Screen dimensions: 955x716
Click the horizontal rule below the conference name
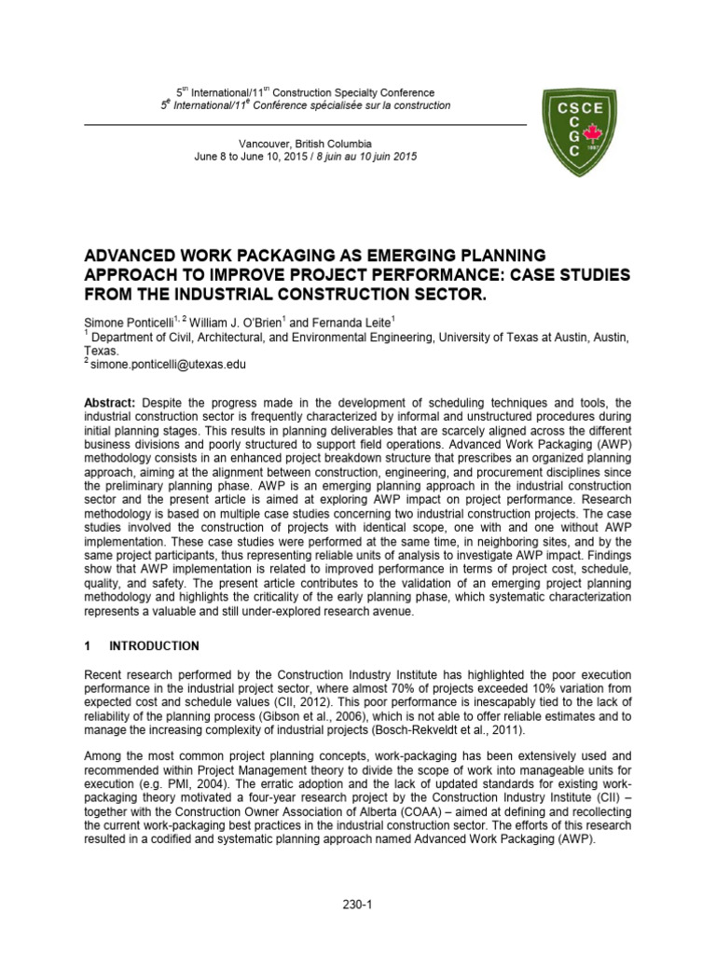coord(305,123)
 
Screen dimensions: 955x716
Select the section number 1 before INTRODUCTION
coord(88,644)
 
